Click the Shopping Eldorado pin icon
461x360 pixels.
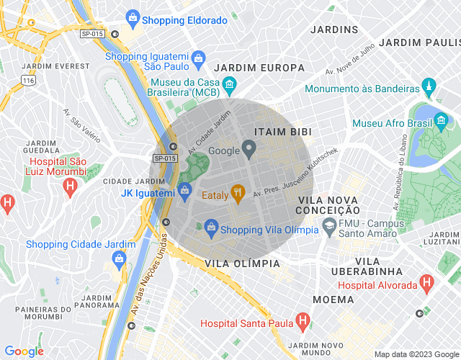pyautogui.click(x=133, y=17)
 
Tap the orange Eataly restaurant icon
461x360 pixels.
pyautogui.click(x=238, y=192)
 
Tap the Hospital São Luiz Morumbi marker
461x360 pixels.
pyautogui.click(x=70, y=188)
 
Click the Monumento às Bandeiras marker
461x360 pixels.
pyautogui.click(x=429, y=88)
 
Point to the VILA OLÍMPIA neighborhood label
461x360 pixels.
pyautogui.click(x=242, y=264)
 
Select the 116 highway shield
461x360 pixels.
pyautogui.click(x=28, y=81)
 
